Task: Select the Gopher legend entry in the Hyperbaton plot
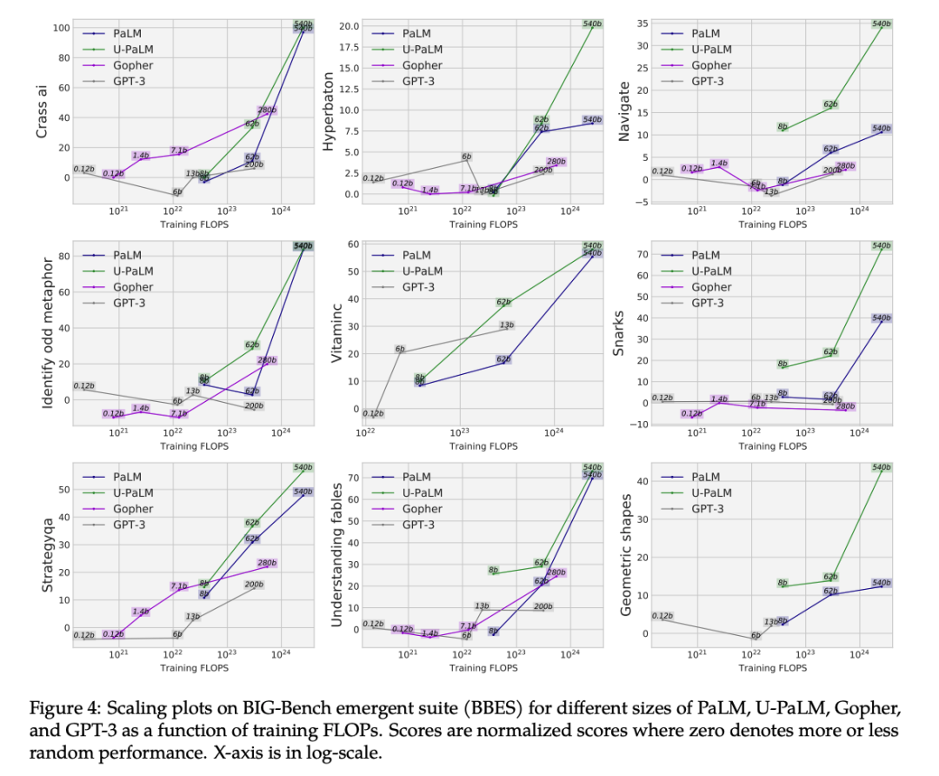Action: [422, 65]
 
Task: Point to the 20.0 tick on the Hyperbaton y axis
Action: [347, 26]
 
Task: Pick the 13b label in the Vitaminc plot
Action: [508, 326]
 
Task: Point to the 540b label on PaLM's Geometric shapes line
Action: [882, 583]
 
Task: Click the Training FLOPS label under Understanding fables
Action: [484, 668]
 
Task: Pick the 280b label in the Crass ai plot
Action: [267, 110]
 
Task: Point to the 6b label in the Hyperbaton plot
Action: [467, 157]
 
